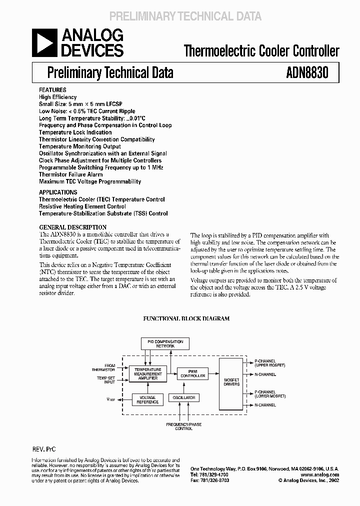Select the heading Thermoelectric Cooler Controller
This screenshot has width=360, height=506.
261,50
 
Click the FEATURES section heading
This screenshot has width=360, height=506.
52,90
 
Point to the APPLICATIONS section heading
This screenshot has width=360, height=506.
58,192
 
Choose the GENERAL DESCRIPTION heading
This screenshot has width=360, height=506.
73,227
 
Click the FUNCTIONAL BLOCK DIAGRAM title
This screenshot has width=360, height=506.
186,318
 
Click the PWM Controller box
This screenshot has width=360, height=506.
192,373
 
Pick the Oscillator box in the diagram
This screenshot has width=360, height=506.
183,397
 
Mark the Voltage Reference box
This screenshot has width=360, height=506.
148,400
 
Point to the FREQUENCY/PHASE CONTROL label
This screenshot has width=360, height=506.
184,426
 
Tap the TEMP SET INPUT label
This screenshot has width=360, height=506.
106,380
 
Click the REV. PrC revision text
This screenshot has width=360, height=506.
44,449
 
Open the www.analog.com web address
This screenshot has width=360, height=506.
321,474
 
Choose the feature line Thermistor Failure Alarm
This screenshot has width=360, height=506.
70,174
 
